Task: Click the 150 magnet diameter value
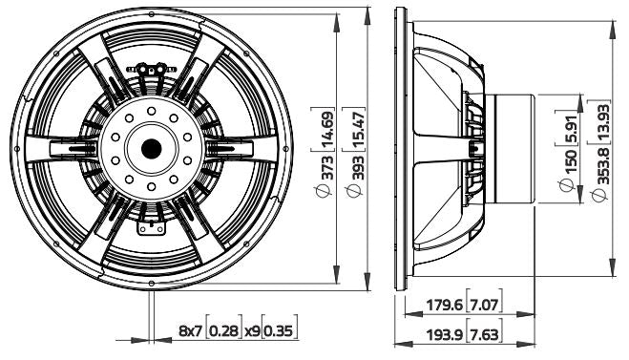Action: click(x=572, y=154)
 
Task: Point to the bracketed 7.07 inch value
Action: click(x=482, y=307)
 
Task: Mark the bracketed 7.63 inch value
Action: click(x=482, y=336)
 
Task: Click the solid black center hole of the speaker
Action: click(x=151, y=148)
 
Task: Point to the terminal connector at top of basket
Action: click(x=152, y=68)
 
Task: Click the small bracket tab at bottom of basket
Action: click(x=150, y=226)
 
